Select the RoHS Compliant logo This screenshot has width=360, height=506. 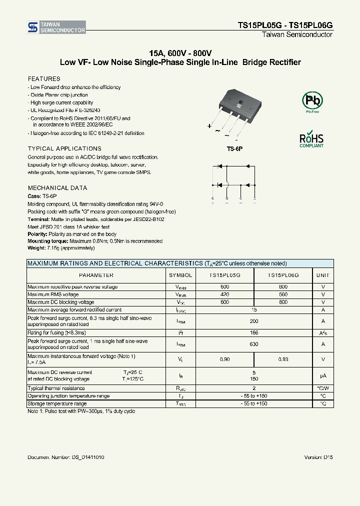(311, 139)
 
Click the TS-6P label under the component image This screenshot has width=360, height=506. (234, 148)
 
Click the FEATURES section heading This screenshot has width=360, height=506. (44, 79)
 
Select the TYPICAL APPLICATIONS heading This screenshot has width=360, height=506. (64, 148)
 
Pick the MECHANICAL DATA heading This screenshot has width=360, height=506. (57, 188)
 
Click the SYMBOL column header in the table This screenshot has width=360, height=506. (180, 275)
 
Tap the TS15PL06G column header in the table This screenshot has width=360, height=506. (283, 275)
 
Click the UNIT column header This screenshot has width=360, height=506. (323, 275)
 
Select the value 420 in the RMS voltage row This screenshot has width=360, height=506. (224, 294)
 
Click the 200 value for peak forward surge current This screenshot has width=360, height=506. (254, 321)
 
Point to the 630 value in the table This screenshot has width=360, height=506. (254, 344)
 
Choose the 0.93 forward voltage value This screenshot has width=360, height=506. (283, 359)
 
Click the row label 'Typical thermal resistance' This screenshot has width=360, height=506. (56, 388)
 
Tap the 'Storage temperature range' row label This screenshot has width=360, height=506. (57, 403)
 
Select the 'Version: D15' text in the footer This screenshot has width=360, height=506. (318, 457)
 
